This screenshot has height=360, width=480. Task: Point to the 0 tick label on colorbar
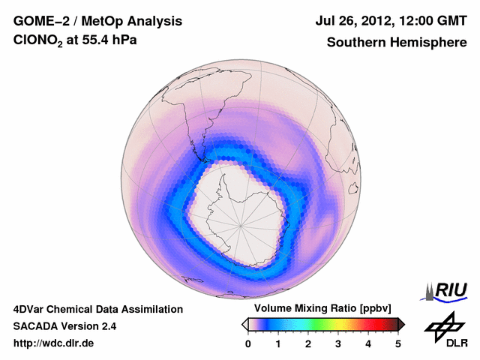[248, 343]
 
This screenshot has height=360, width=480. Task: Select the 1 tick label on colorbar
[278, 343]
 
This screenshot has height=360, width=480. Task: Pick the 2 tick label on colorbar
[308, 343]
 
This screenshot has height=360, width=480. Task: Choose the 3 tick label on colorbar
[338, 343]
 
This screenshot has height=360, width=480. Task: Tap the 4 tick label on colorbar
[368, 343]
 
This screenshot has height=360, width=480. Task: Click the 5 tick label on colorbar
[398, 343]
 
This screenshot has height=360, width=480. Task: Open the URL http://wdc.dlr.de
[54, 343]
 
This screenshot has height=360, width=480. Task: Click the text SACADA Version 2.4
[64, 326]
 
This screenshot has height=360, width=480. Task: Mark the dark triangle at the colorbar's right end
[401, 324]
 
